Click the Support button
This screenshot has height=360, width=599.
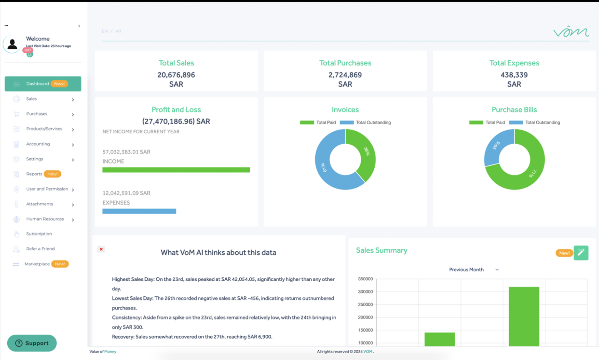[x=32, y=343]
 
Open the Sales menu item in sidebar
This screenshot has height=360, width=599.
[x=31, y=99]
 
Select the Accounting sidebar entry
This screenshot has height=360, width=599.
[x=38, y=144]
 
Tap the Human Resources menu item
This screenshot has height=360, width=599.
[x=45, y=219]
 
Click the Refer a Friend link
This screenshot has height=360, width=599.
[x=40, y=249]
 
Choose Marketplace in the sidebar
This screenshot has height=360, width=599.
[x=37, y=264]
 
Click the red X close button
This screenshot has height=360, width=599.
[x=101, y=249]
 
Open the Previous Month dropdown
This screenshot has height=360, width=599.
[x=473, y=270]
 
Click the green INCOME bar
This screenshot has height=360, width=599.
[x=176, y=170]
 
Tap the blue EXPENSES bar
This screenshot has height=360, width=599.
[x=139, y=211]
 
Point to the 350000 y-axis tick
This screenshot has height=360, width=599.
[x=365, y=279]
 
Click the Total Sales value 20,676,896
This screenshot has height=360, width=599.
[x=176, y=75]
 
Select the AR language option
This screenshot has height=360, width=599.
[x=118, y=31]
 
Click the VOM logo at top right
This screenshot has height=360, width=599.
[x=571, y=32]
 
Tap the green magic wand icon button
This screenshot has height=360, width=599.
[x=581, y=253]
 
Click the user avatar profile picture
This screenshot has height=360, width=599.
[x=12, y=44]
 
